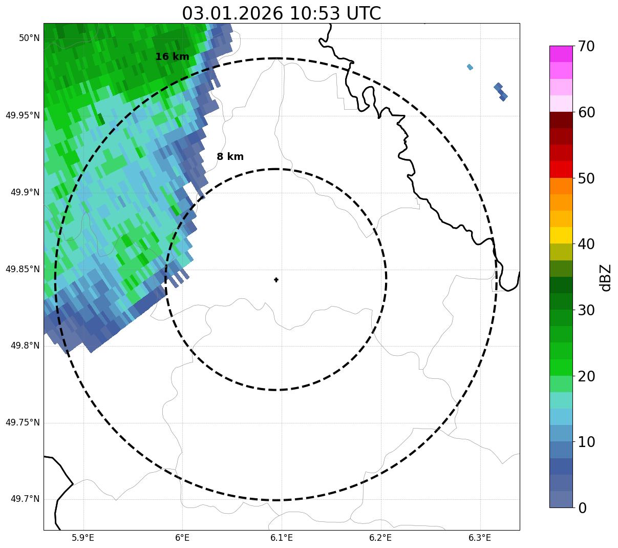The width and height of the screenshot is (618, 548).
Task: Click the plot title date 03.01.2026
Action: tap(232, 13)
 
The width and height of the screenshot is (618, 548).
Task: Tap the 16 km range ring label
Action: tap(172, 57)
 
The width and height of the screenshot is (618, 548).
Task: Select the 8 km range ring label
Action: tap(230, 157)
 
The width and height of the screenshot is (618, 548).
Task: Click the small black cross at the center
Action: tap(276, 280)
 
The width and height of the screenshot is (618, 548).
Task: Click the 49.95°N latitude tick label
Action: tap(23, 115)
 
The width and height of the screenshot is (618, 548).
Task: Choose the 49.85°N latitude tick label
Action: tap(23, 269)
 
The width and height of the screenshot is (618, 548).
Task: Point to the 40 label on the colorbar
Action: tap(587, 244)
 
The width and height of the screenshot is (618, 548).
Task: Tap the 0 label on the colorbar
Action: tap(582, 508)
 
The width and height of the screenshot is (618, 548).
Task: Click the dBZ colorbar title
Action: tap(606, 277)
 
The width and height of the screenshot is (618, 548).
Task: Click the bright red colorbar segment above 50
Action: tap(561, 170)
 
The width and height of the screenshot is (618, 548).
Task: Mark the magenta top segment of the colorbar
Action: tap(561, 54)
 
